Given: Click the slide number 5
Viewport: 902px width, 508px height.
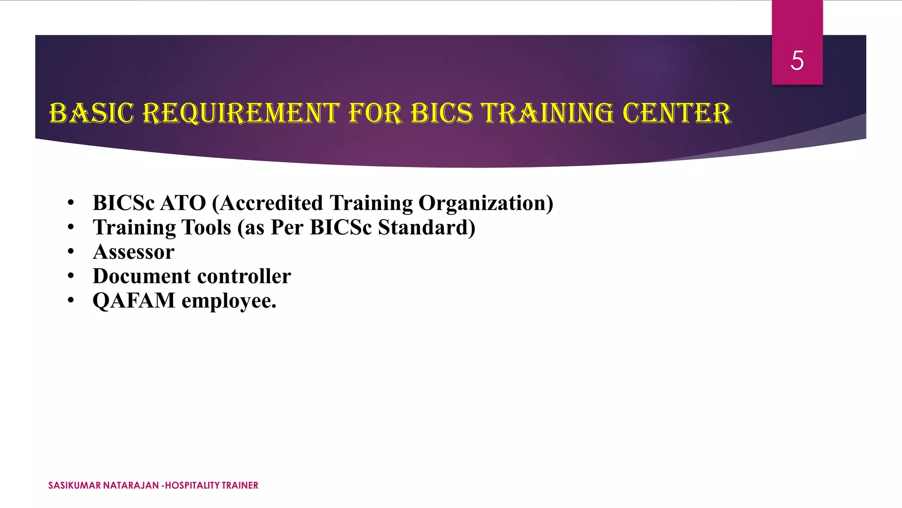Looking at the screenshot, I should (797, 60).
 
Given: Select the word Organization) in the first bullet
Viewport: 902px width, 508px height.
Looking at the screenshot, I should (485, 204).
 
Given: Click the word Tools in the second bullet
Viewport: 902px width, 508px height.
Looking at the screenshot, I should (206, 228).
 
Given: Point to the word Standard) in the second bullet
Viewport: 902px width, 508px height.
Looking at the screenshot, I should (426, 228).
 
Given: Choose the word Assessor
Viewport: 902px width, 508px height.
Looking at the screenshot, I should (133, 252).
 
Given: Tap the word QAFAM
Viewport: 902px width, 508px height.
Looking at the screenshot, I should (134, 301).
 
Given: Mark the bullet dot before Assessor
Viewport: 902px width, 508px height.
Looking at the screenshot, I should (71, 252).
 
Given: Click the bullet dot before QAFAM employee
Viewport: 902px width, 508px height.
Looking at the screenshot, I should (71, 301).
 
